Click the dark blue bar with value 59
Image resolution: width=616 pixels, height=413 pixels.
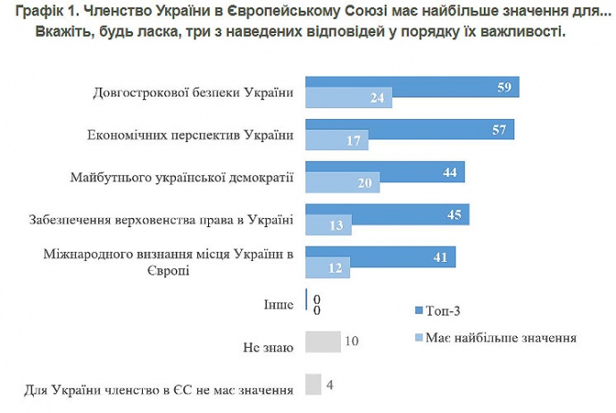[412, 87]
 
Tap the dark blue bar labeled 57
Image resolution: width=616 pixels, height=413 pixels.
[410, 130]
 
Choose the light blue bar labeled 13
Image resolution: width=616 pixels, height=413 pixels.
[329, 226]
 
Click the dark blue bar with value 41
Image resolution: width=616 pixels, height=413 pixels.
[380, 257]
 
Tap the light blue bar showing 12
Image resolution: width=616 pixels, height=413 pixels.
[328, 268]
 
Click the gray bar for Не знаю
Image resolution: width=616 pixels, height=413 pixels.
[323, 341]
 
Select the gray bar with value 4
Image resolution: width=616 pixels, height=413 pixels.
[312, 384]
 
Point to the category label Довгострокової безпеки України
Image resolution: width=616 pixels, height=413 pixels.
[193, 93]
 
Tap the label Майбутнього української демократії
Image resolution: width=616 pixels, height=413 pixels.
[181, 177]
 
